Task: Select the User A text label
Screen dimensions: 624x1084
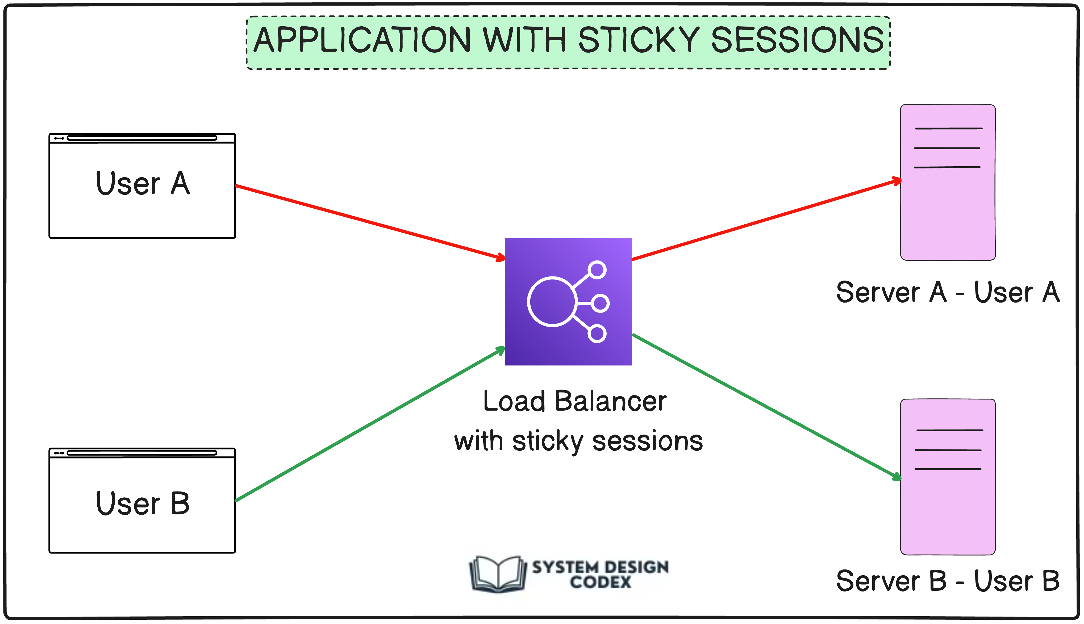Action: [x=142, y=183]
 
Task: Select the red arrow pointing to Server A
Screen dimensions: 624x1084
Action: [x=767, y=220]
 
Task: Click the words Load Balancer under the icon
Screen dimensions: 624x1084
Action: [x=574, y=402]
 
